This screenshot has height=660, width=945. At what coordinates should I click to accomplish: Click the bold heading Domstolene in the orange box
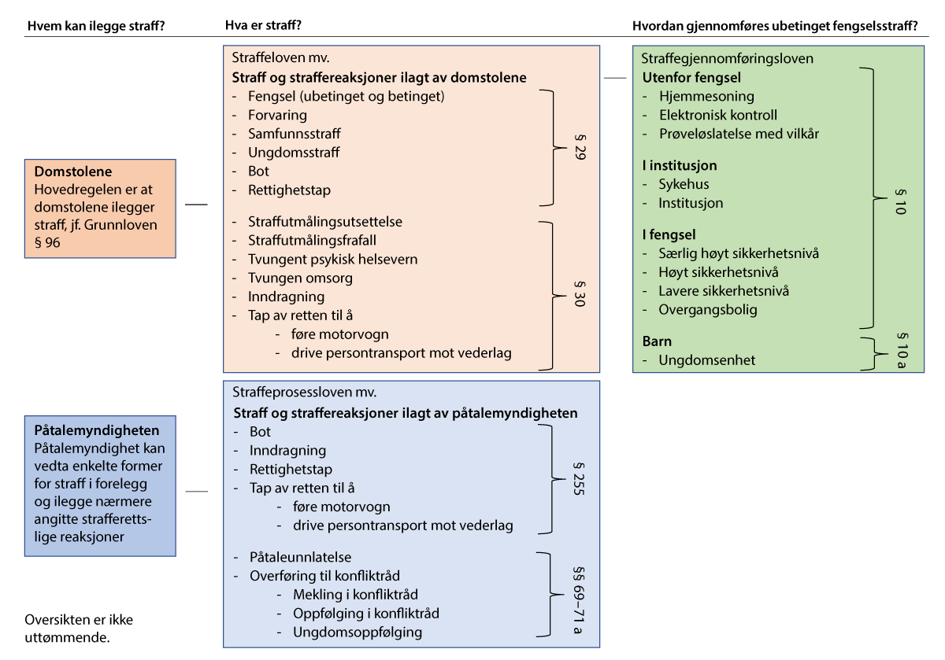[73, 171]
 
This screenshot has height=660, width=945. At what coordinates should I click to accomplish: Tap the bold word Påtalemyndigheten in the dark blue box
[97, 431]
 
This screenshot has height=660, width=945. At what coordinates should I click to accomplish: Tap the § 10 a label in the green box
[901, 352]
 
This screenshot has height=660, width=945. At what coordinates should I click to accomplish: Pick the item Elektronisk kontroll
[717, 115]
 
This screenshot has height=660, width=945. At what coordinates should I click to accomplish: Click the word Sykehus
[684, 184]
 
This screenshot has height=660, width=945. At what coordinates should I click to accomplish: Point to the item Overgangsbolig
[708, 309]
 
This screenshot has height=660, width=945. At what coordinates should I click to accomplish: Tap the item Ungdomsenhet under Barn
[706, 360]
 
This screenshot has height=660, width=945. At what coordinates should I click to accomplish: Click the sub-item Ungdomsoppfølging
[357, 632]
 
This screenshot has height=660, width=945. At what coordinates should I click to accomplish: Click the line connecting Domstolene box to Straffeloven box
[196, 205]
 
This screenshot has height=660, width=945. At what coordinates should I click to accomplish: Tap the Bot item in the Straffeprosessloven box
[260, 432]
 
